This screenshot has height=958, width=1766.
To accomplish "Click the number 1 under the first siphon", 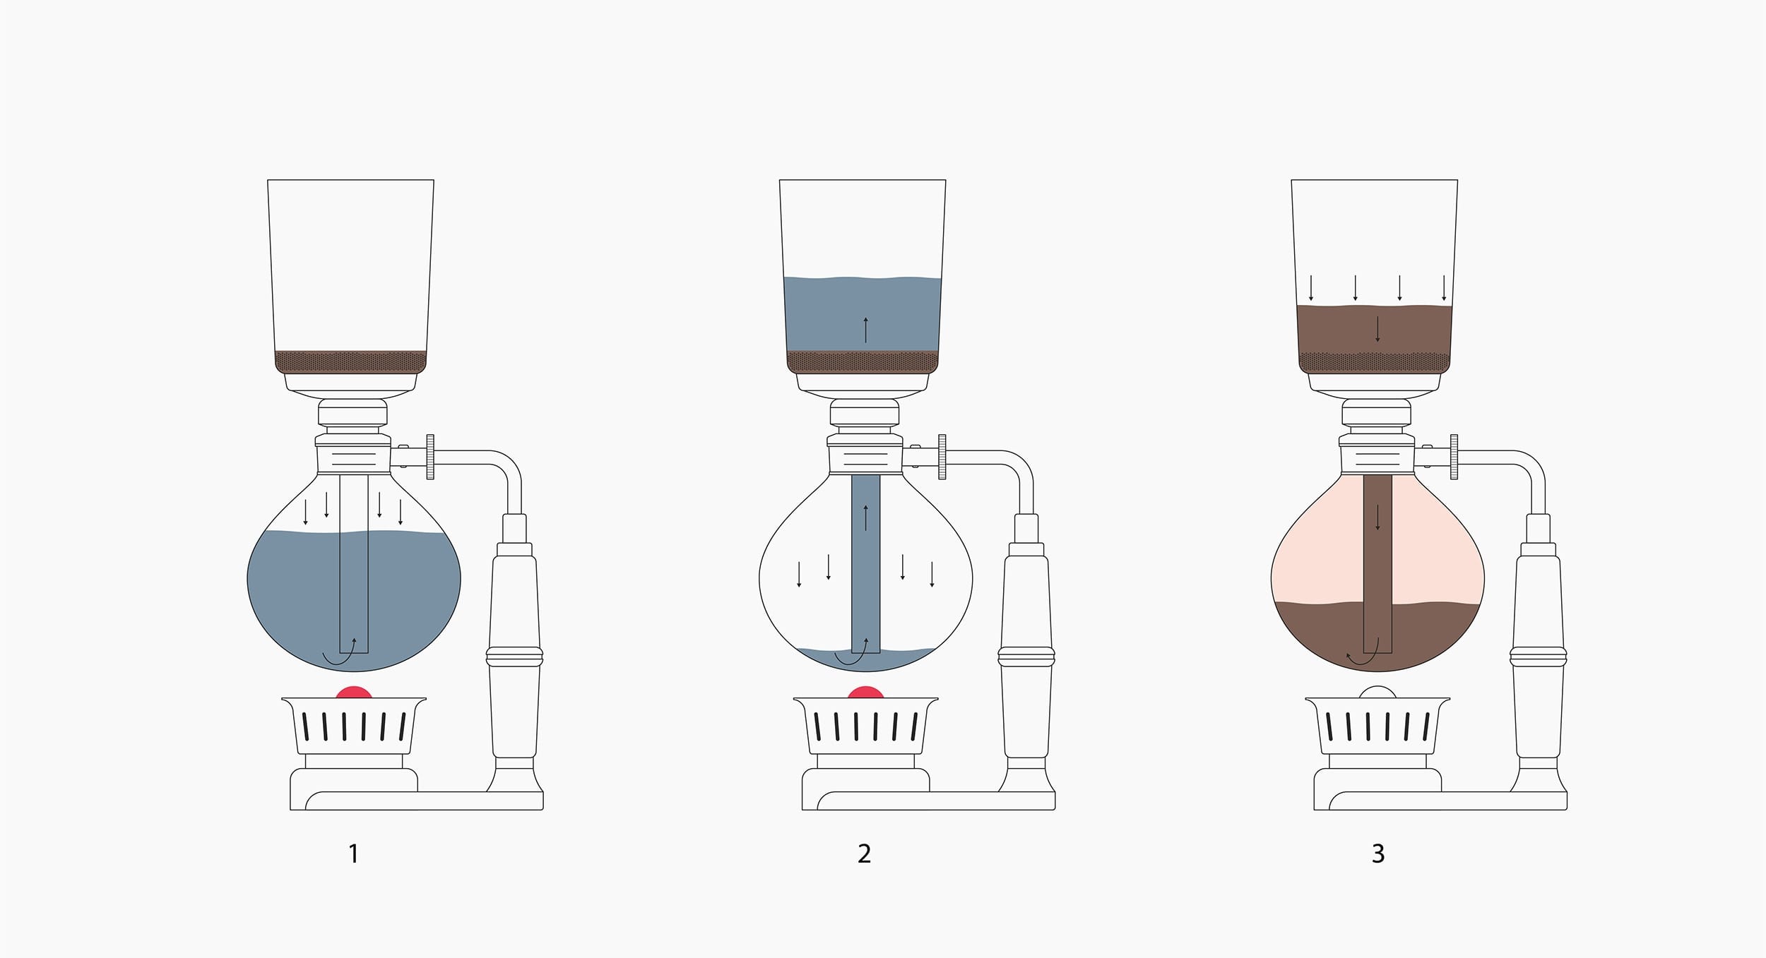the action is click(354, 854).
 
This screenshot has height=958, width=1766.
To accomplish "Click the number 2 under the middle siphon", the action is click(865, 854).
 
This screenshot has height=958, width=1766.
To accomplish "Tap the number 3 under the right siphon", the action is click(1378, 854).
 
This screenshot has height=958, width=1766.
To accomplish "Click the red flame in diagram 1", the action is click(354, 693).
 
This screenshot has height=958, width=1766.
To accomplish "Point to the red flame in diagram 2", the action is click(865, 693).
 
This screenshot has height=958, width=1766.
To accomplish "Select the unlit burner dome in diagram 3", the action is click(1377, 693).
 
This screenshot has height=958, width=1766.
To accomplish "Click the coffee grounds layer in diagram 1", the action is click(351, 361).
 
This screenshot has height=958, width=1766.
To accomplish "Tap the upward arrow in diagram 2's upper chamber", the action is click(865, 330).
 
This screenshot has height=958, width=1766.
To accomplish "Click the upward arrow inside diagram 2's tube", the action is click(865, 517).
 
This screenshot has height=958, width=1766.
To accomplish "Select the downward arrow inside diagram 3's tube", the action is click(1377, 517).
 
